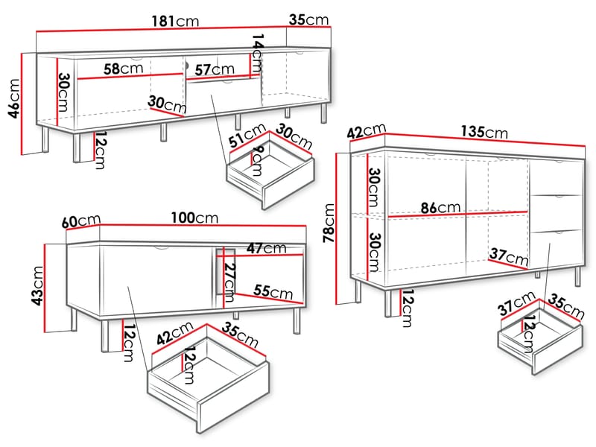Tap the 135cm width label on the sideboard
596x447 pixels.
(484, 132)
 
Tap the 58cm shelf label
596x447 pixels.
(123, 69)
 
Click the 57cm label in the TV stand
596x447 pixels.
(215, 69)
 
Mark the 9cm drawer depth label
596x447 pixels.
(256, 161)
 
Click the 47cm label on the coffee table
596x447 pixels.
(267, 247)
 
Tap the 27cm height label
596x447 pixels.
(229, 278)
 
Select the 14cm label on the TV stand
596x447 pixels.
(258, 53)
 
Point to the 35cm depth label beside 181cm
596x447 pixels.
(308, 20)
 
